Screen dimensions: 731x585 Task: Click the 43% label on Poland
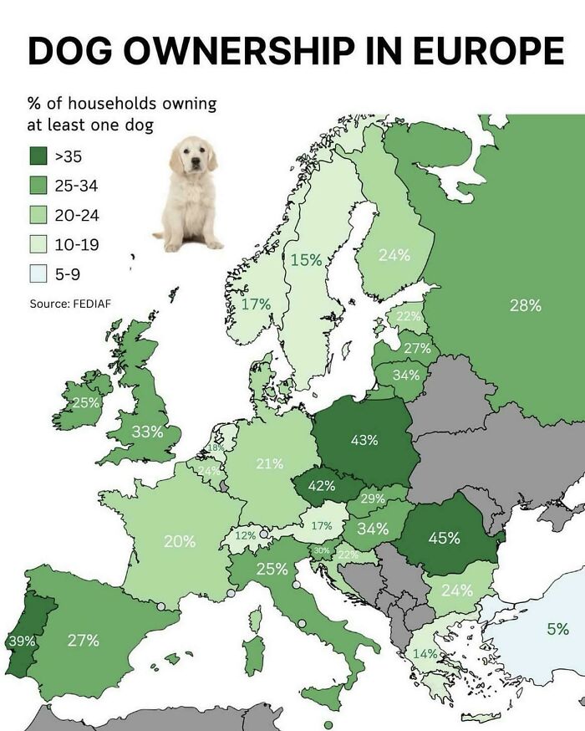pos(364,440)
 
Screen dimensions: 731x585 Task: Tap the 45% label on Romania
pos(444,538)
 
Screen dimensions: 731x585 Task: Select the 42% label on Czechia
pos(321,485)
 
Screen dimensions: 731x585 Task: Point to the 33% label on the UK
pos(148,432)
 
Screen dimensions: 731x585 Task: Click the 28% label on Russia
pos(525,305)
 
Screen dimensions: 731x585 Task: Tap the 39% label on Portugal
pos(22,642)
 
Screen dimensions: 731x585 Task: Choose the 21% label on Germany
pos(269,463)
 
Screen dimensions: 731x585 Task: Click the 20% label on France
pos(180,541)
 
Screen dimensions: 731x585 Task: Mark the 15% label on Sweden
pos(306,260)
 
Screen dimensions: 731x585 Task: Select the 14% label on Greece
pos(425,653)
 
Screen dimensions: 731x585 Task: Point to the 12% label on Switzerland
pos(245,534)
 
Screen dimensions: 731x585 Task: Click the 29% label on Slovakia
pos(372,499)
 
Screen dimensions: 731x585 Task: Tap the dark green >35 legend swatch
pos(38,156)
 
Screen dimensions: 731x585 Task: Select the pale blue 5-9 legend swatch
pos(38,273)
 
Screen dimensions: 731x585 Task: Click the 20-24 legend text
pos(77,215)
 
